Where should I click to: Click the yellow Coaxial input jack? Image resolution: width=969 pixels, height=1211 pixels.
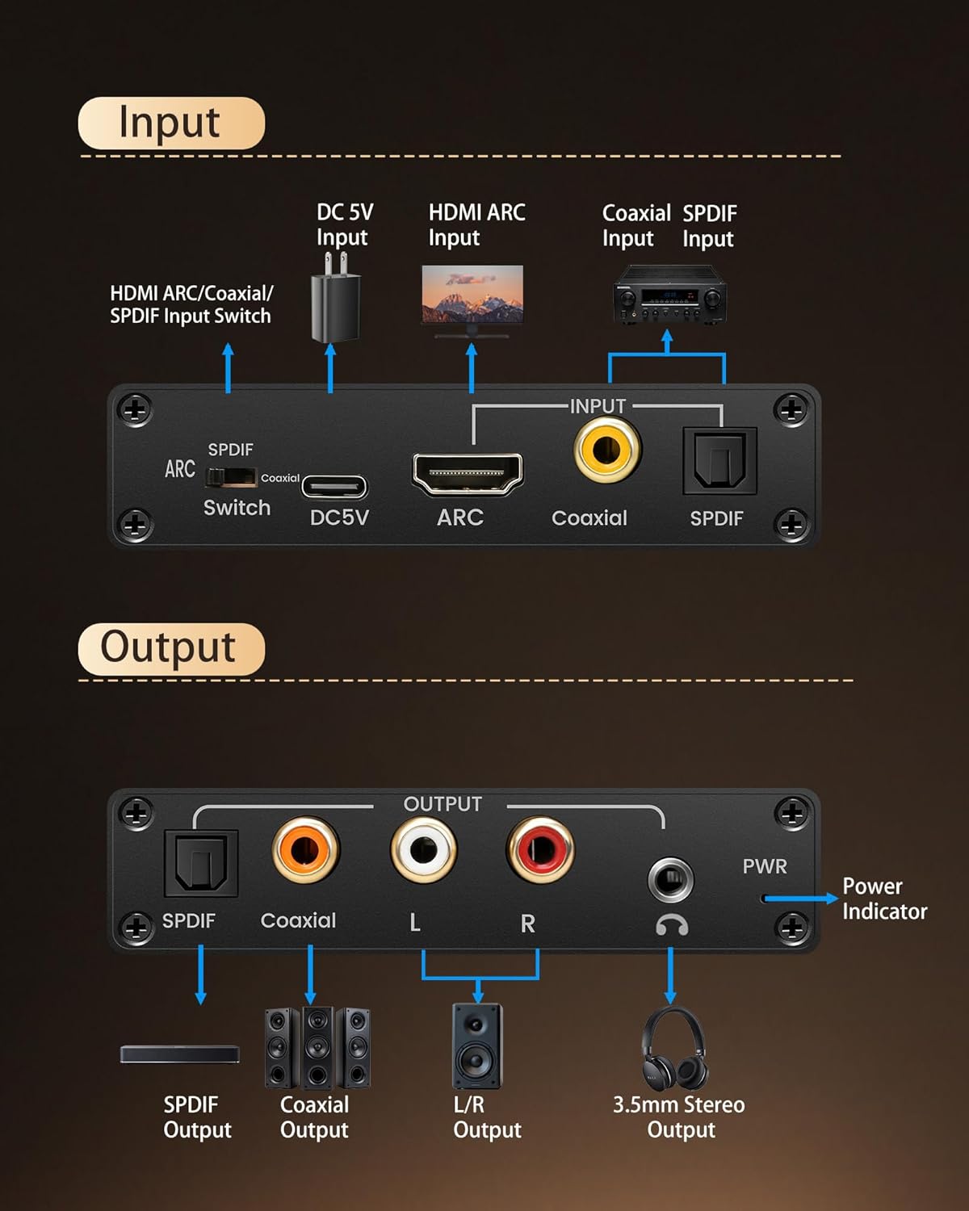tap(607, 450)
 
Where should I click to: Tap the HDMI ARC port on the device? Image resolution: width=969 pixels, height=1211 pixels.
tap(468, 473)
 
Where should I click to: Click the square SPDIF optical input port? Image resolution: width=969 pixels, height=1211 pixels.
tap(719, 461)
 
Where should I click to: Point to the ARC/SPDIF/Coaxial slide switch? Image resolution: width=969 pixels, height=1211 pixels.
tap(231, 477)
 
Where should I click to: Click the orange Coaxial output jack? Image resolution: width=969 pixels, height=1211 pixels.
tap(305, 850)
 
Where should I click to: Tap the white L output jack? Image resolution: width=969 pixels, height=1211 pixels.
tap(423, 850)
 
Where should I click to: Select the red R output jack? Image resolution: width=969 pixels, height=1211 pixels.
tap(539, 850)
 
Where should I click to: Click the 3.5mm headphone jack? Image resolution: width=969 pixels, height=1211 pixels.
tap(670, 880)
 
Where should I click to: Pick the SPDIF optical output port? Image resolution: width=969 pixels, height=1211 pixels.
tap(200, 863)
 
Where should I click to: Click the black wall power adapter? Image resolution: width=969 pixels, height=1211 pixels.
tap(336, 299)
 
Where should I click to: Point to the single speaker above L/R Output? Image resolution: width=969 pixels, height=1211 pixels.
tap(476, 1045)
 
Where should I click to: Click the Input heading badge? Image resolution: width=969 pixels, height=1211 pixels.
tap(171, 124)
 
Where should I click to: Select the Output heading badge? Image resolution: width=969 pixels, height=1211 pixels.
tap(171, 648)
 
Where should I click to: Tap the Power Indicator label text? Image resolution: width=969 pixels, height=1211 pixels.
tap(884, 899)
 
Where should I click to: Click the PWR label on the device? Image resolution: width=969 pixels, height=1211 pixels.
tap(764, 866)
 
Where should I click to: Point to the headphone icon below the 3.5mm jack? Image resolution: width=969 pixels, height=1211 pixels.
tap(671, 925)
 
